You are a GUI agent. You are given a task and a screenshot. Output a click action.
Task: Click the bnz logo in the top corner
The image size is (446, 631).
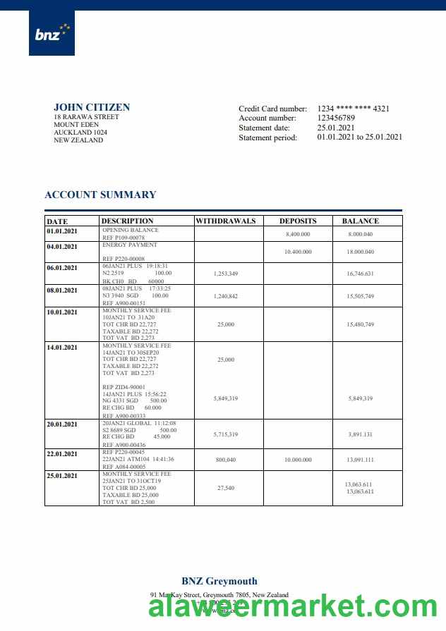(x=52, y=32)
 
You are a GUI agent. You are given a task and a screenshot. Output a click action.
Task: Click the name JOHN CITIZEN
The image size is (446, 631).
(x=92, y=107)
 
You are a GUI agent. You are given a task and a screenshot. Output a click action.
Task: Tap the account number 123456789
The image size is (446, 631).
(x=336, y=118)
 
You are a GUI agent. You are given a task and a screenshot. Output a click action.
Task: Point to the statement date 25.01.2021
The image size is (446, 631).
(x=336, y=128)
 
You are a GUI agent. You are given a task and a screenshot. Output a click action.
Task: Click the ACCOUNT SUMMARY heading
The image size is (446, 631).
(x=100, y=195)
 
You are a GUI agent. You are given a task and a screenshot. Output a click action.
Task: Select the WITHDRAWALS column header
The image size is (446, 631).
(x=225, y=221)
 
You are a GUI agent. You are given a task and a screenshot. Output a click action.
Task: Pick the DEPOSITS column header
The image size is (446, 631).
(x=298, y=221)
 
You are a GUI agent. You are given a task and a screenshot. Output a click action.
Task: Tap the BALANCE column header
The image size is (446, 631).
(x=360, y=221)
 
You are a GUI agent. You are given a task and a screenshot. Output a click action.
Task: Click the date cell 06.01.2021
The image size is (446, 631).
(x=62, y=268)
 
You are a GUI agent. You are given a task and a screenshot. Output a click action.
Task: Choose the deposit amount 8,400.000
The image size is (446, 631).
(x=298, y=234)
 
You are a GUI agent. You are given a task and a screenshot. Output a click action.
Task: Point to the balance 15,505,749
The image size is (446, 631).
(x=360, y=296)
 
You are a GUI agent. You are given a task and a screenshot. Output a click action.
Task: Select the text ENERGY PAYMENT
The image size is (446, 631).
(x=130, y=245)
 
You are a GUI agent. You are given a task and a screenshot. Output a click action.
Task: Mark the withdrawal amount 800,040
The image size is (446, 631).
(x=225, y=459)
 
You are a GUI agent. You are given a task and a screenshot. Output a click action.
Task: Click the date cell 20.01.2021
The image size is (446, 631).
(x=62, y=424)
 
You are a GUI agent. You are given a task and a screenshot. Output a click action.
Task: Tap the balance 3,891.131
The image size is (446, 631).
(x=360, y=434)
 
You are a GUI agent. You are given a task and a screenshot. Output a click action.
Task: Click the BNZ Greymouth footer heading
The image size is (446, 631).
(x=219, y=581)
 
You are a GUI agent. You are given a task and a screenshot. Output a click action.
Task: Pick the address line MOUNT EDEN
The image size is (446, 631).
(x=76, y=125)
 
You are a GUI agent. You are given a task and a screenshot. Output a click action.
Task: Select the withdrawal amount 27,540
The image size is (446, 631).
(x=225, y=488)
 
